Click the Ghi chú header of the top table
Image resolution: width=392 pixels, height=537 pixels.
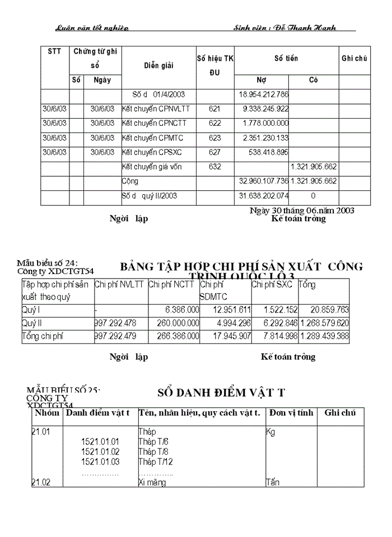[354, 58]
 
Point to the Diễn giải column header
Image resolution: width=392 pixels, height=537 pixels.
[158, 65]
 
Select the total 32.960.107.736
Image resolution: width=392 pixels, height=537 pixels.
[263, 181]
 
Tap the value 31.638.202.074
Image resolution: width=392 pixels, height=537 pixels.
[263, 196]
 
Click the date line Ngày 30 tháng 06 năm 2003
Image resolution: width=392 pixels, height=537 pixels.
[301, 210]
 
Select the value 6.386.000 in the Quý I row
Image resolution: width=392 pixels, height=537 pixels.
[182, 309]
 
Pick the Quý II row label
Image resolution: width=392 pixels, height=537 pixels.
[31, 323]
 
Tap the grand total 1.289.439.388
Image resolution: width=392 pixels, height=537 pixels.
[324, 337]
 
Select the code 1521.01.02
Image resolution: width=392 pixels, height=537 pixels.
[100, 451]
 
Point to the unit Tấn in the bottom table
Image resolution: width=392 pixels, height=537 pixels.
[273, 482]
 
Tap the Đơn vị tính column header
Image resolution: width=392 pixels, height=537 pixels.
[290, 413]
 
